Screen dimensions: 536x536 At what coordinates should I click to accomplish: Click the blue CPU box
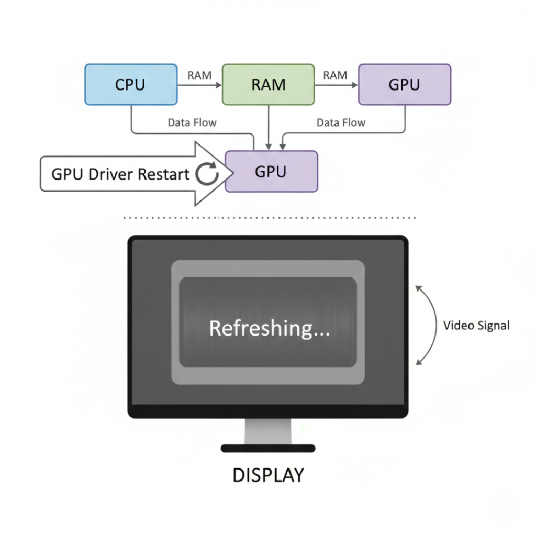click(x=130, y=84)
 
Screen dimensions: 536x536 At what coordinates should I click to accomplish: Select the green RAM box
click(x=268, y=84)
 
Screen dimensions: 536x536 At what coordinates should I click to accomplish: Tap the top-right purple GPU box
click(x=404, y=84)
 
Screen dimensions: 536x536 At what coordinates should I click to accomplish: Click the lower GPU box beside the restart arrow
click(x=271, y=171)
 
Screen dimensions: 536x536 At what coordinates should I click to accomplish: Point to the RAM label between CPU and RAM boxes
click(x=199, y=75)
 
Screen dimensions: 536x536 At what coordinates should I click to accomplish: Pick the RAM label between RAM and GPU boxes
click(x=335, y=75)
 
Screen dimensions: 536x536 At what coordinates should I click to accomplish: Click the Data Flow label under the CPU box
click(x=192, y=122)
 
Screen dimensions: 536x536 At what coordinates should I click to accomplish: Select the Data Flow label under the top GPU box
click(x=341, y=122)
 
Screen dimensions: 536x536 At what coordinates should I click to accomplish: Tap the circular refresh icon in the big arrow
click(x=207, y=174)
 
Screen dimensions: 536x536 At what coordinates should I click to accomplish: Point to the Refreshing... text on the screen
click(x=269, y=328)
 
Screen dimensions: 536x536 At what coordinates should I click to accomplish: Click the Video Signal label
click(x=476, y=326)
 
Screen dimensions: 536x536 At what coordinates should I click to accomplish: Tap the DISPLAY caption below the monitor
click(x=268, y=475)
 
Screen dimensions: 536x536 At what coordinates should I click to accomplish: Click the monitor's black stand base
click(x=268, y=448)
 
